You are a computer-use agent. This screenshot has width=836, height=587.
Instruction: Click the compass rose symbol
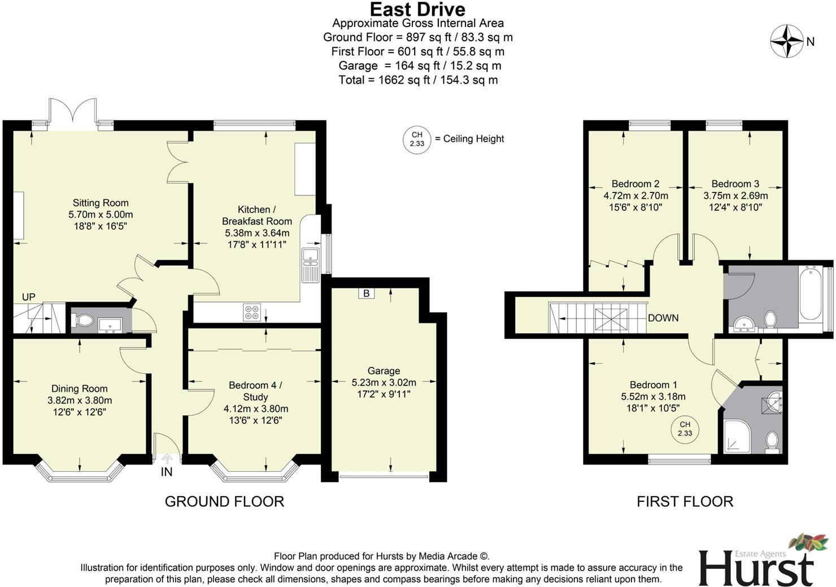(787, 41)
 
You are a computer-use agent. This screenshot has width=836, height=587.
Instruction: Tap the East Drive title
(417, 9)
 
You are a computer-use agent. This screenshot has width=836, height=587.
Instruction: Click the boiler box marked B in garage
(366, 293)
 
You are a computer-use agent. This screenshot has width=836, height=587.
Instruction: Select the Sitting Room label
(101, 203)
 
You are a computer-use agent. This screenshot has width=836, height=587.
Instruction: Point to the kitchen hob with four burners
(251, 312)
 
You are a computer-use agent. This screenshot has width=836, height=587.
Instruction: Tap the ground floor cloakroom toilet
(84, 321)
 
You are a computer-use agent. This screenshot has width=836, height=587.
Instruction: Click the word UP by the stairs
(28, 297)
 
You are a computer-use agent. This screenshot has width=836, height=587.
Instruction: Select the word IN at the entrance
(167, 472)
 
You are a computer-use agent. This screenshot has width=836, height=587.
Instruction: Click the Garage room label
(384, 371)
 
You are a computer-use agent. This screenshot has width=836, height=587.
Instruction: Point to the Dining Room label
(79, 388)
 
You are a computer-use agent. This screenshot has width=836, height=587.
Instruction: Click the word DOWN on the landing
(663, 318)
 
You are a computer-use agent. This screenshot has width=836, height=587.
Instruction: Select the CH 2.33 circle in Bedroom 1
(685, 429)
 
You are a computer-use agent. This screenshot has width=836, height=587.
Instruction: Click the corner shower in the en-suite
(737, 436)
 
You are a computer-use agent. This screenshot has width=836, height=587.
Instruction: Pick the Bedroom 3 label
(735, 183)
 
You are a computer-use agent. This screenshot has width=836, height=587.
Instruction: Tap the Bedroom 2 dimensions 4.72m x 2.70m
(635, 196)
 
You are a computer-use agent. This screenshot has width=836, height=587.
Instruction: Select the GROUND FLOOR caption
(224, 501)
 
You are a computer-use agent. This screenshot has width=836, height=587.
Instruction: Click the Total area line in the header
(418, 80)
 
